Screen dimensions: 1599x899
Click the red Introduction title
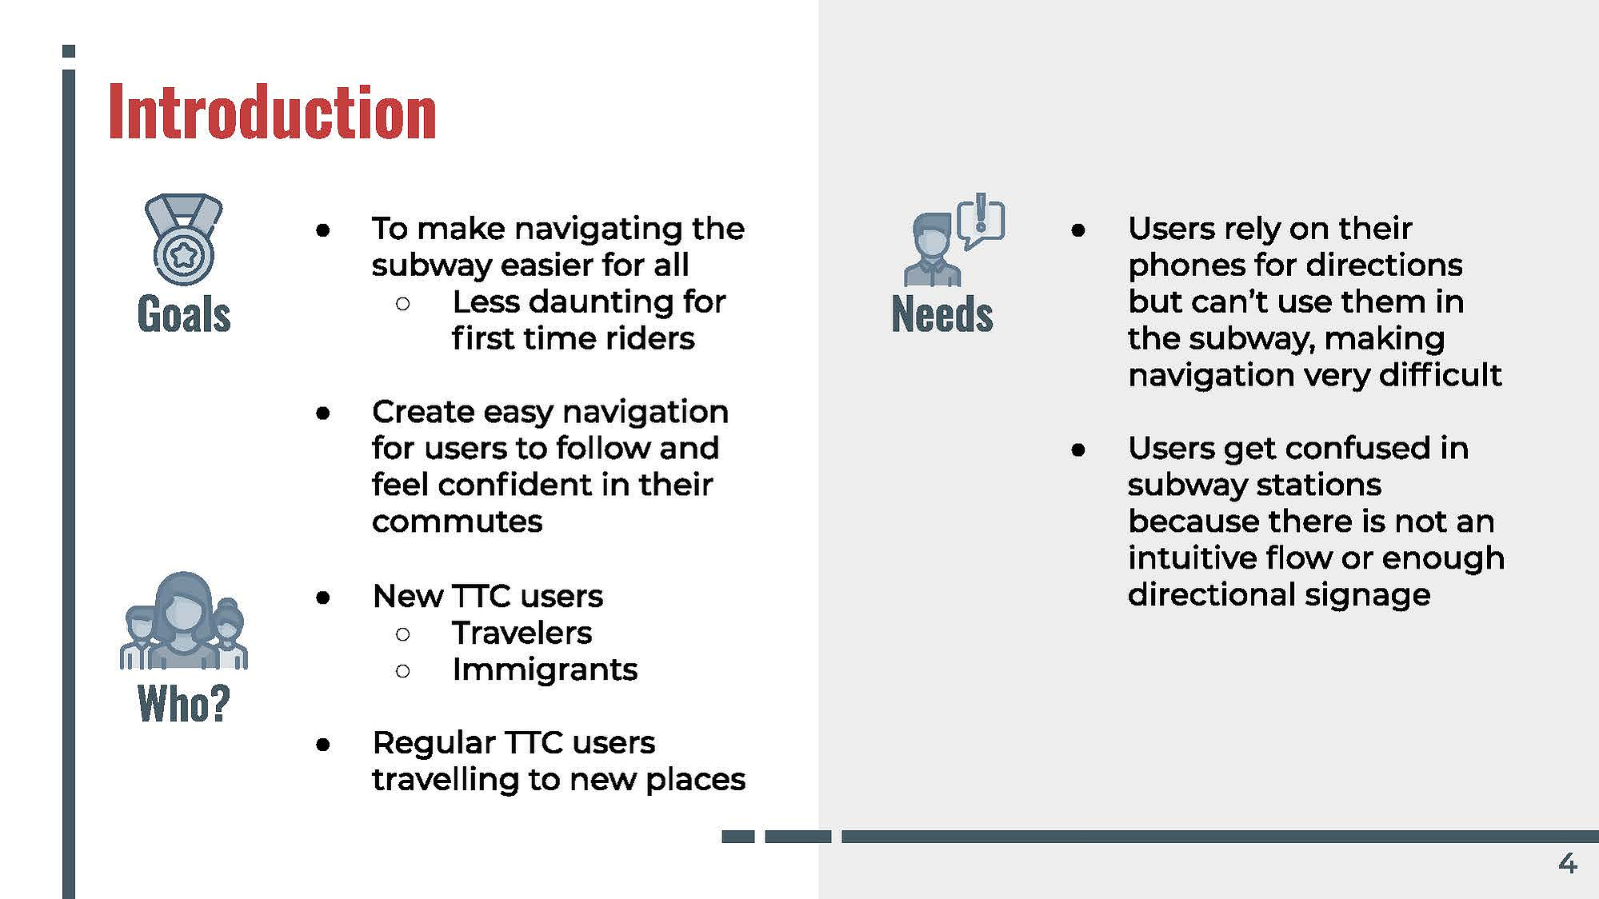point(272,112)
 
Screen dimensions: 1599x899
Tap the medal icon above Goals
point(183,239)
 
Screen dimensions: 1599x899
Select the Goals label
point(184,314)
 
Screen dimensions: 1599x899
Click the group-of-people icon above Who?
point(184,620)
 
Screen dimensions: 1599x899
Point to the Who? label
point(184,704)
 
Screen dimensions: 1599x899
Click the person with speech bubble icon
point(954,239)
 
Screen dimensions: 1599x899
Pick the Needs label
point(942,314)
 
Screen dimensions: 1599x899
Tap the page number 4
point(1568,863)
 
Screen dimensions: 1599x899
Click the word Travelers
point(522,633)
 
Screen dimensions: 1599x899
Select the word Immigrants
point(545,669)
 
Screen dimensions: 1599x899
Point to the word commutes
point(457,522)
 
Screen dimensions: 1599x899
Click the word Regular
point(434,744)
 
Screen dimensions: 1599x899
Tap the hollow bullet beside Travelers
point(403,634)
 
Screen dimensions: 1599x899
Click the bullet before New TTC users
point(323,597)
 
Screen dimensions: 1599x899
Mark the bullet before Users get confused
point(1078,449)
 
